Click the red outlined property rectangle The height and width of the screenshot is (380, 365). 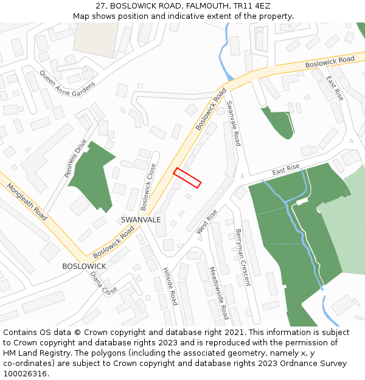click(x=187, y=178)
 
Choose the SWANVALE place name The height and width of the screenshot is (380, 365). click(x=141, y=219)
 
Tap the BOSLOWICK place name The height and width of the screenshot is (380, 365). click(x=84, y=266)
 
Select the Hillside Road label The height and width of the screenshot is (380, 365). click(x=170, y=286)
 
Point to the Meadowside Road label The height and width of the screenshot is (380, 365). click(x=218, y=293)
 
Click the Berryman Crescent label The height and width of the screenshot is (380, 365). click(x=243, y=257)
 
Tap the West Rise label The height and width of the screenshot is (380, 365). click(x=207, y=223)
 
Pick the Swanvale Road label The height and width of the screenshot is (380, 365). click(x=234, y=123)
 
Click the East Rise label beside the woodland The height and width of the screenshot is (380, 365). click(x=286, y=170)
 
